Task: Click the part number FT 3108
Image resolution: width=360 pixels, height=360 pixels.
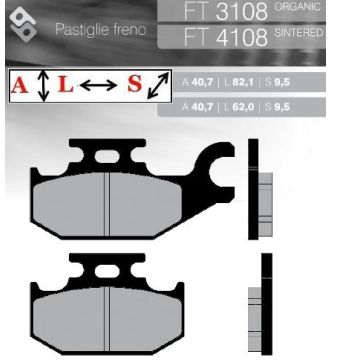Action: [226, 11]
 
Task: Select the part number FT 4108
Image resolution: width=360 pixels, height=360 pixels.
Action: [226, 37]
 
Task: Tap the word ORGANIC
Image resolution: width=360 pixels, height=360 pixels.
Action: [297, 7]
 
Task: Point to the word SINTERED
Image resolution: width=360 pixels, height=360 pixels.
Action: [299, 33]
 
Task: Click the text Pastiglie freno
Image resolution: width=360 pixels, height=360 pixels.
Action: [101, 30]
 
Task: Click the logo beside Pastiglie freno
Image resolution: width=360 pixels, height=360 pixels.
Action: [23, 23]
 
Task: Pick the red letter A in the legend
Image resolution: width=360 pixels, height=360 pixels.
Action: [19, 86]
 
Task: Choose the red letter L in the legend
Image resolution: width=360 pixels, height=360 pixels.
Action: [66, 85]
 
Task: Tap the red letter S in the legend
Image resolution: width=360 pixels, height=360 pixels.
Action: [135, 84]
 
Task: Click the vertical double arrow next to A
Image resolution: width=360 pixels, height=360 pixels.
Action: [43, 86]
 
